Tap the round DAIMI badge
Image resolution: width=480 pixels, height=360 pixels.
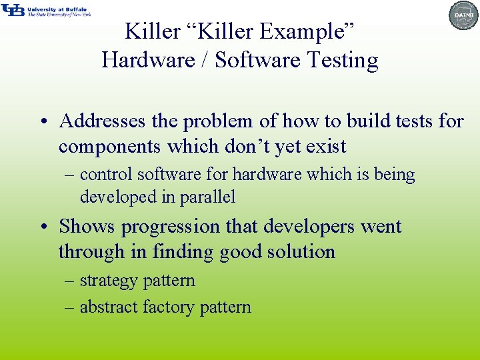tap(463, 15)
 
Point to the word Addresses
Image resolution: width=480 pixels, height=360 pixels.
tap(101, 121)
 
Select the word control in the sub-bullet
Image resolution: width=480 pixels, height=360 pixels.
tap(106, 175)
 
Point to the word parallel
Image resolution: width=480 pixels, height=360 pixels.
tap(209, 197)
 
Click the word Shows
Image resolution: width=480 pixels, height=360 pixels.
tap(87, 227)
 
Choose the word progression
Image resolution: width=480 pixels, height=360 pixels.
tap(171, 227)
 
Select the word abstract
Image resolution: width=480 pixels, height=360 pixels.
tap(109, 307)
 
